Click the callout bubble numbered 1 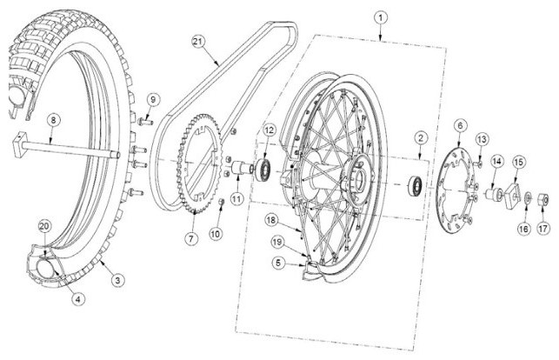pos(381,17)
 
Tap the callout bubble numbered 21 pos(197,42)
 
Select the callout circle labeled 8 pos(53,120)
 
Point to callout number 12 pos(270,130)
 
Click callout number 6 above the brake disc pos(460,125)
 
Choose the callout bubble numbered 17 pos(543,228)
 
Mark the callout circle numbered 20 pos(45,226)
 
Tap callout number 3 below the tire pos(117,280)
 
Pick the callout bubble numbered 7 pos(191,238)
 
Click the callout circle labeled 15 pos(519,163)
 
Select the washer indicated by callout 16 pos(529,197)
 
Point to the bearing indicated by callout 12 pos(265,168)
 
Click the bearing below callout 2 pos(415,185)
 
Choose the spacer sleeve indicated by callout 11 pos(240,168)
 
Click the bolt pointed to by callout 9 pos(145,123)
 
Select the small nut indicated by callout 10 pos(221,202)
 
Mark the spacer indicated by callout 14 pos(494,194)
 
